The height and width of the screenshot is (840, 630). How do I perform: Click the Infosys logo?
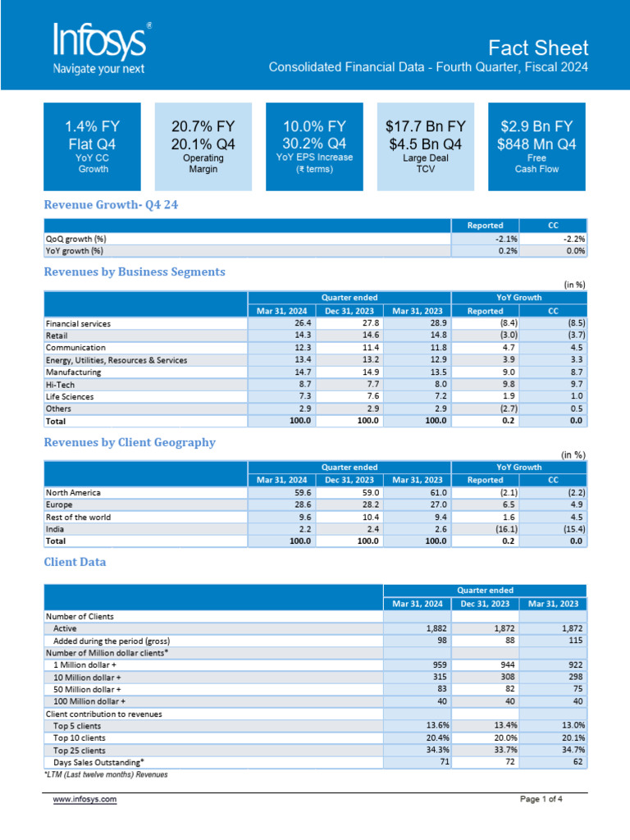pyautogui.click(x=100, y=48)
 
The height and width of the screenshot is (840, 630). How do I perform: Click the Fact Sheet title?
pyautogui.click(x=537, y=47)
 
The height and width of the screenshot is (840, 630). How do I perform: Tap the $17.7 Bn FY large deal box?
pyautogui.click(x=425, y=145)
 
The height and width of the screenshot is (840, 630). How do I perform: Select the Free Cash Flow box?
pyautogui.click(x=536, y=145)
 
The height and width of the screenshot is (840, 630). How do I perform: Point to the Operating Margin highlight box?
pyautogui.click(x=203, y=145)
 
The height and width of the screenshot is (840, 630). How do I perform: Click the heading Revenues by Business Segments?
pyautogui.click(x=134, y=272)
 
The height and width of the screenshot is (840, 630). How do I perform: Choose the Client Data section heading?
pyautogui.click(x=74, y=562)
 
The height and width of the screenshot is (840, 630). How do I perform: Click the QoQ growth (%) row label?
pyautogui.click(x=75, y=239)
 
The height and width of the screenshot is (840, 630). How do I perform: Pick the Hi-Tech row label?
pyautogui.click(x=60, y=384)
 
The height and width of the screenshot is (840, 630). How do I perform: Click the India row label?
pyautogui.click(x=57, y=529)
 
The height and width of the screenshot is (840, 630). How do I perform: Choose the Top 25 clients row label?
pyautogui.click(x=79, y=750)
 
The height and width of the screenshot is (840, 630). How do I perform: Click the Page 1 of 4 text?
pyautogui.click(x=541, y=799)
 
